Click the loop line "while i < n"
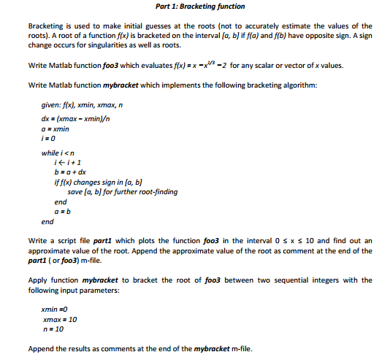click(x=59, y=153)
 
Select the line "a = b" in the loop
click(x=62, y=210)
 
